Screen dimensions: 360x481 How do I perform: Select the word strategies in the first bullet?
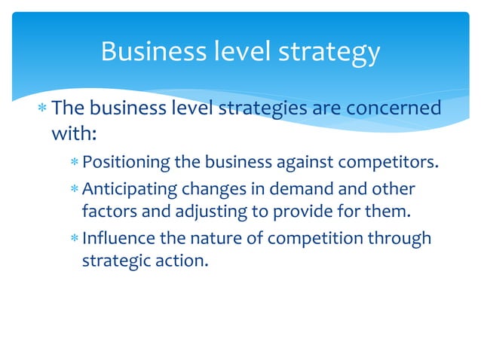point(260,108)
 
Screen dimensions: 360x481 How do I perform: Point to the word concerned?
point(392,108)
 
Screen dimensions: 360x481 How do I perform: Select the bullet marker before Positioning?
point(74,161)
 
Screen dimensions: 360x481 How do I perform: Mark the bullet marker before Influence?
point(74,239)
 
